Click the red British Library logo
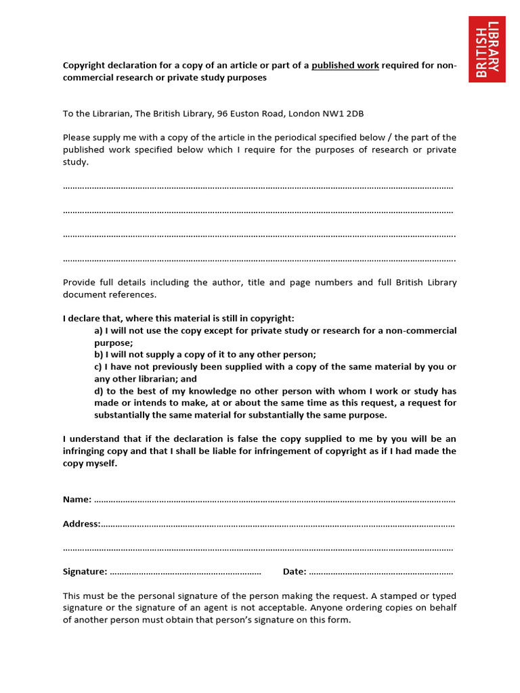(487, 49)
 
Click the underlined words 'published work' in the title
(345, 66)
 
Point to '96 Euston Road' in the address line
(248, 114)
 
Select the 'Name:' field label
(77, 499)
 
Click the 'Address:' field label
(81, 524)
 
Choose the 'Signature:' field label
(85, 572)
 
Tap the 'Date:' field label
(295, 572)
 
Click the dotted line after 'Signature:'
(186, 573)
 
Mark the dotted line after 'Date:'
(381, 573)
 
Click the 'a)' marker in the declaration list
(99, 331)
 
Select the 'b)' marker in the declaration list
(99, 355)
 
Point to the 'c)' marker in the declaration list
(99, 367)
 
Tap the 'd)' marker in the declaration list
(99, 391)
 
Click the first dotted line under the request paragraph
(257, 186)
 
